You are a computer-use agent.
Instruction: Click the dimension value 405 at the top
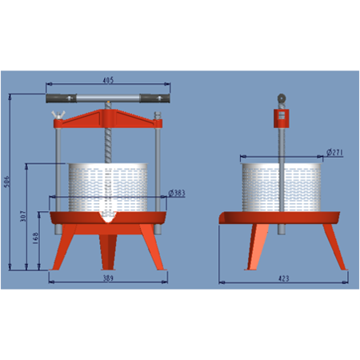109,80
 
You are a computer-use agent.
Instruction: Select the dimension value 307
24,216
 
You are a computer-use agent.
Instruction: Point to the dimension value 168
37,238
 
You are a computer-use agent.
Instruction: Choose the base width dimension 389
109,279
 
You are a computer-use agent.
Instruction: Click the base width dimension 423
283,279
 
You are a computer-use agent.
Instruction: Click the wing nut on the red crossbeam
58,118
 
